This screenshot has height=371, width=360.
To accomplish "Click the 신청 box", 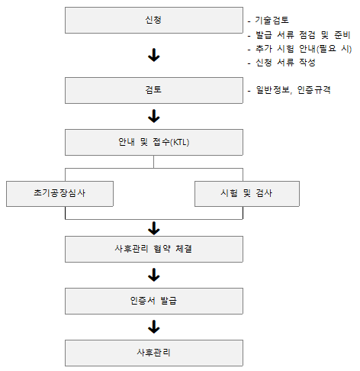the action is point(154,20).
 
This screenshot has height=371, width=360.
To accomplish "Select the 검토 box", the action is point(154,90).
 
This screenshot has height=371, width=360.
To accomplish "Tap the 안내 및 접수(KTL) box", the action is point(154,142).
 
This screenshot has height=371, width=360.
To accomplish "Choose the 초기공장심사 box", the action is point(59,194).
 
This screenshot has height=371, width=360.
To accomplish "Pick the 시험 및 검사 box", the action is point(247,194).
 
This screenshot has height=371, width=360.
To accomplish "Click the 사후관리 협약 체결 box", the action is point(154,249).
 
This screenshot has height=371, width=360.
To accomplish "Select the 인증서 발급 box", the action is point(154,301).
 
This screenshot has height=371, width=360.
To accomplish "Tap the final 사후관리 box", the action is point(154,353).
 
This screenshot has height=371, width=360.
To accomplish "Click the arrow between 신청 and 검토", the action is point(154,55).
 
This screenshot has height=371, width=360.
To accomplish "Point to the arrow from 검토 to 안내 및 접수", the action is point(154,116).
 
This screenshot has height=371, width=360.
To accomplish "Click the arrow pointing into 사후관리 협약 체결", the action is point(154,228).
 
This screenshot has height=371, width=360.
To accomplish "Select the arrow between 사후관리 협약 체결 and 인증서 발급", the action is point(154,275).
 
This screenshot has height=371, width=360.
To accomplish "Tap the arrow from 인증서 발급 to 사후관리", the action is point(154,327).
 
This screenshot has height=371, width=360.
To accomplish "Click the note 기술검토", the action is point(272,20).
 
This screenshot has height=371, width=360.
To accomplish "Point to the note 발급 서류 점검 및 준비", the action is point(303,35).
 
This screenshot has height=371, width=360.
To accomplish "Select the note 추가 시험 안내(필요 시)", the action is point(304,49).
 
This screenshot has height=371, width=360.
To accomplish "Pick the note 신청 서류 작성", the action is point(285,63).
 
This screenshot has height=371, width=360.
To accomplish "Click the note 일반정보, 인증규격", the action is point(293,90).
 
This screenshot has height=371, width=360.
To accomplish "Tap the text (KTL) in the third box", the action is point(180,142).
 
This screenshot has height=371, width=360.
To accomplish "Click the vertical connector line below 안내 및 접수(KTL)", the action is point(153,162).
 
